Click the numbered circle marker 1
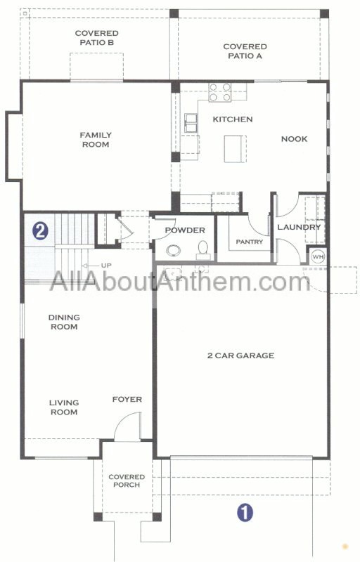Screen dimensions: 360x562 point(245,513)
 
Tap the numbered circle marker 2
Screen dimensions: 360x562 point(40,231)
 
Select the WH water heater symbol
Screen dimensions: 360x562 point(318,256)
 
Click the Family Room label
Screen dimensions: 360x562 point(96,140)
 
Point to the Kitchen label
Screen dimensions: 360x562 point(233,119)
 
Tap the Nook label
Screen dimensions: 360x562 point(294,138)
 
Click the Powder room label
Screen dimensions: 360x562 point(185,230)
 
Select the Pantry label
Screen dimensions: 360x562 point(249,242)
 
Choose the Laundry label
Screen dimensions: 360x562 point(299,227)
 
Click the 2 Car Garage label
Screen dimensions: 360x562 point(241,355)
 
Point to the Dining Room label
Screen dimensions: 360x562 point(64,322)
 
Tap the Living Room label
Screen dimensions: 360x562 point(64,407)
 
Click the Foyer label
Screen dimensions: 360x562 point(127,399)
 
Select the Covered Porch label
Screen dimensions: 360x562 point(127,481)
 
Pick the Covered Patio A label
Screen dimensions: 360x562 point(245,51)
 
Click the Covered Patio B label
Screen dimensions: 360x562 point(97,38)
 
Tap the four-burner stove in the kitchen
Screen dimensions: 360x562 point(220,92)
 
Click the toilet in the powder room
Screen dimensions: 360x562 point(203,249)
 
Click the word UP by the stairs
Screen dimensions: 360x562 point(106,266)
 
